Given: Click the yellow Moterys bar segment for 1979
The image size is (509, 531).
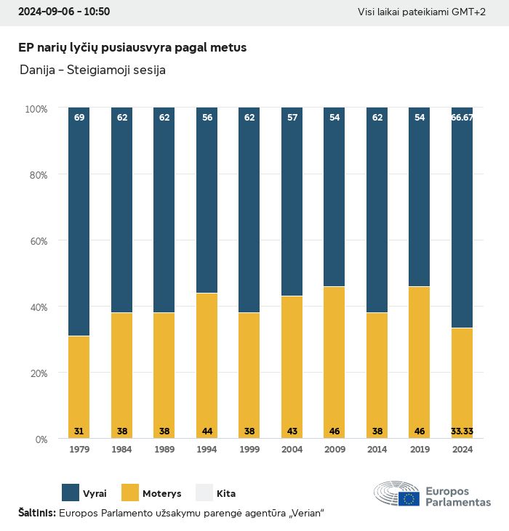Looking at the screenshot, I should (x=79, y=385).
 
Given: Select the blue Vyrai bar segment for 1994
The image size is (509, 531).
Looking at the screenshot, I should (x=207, y=200).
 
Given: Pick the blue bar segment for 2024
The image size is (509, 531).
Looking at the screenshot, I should (x=462, y=218).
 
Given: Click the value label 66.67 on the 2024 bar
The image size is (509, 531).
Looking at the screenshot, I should (x=462, y=117).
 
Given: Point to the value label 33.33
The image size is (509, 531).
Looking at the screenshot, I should (x=462, y=431).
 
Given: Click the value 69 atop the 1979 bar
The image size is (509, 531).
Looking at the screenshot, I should (x=79, y=117).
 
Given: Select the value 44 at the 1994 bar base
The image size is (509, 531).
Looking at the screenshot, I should (x=207, y=431).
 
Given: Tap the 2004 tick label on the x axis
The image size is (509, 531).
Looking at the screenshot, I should (x=292, y=450).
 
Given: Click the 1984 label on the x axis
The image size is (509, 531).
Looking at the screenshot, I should (x=121, y=450).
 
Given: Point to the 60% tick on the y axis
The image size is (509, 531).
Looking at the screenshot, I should (x=36, y=240).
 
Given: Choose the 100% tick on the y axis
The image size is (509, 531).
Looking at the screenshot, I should (x=36, y=108).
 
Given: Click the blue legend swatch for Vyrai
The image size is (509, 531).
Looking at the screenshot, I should (x=71, y=493).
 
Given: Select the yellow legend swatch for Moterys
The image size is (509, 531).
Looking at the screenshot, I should (x=129, y=493).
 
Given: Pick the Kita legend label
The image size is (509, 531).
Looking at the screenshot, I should (x=226, y=493).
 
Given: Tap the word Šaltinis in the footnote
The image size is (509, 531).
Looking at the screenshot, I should (x=36, y=513).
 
